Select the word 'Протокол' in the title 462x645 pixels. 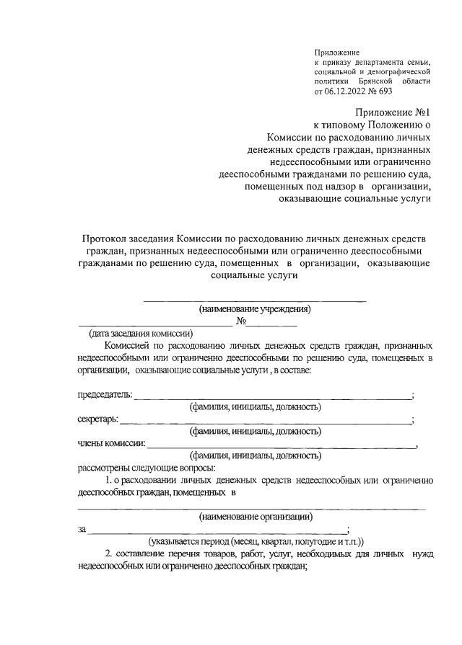[109, 239]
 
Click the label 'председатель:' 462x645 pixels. [105, 395]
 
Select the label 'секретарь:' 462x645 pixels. [98, 419]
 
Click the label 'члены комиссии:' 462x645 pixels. [111, 443]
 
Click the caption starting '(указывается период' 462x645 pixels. [256, 541]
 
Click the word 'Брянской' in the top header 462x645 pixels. [376, 82]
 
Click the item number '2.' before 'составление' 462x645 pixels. [109, 553]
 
